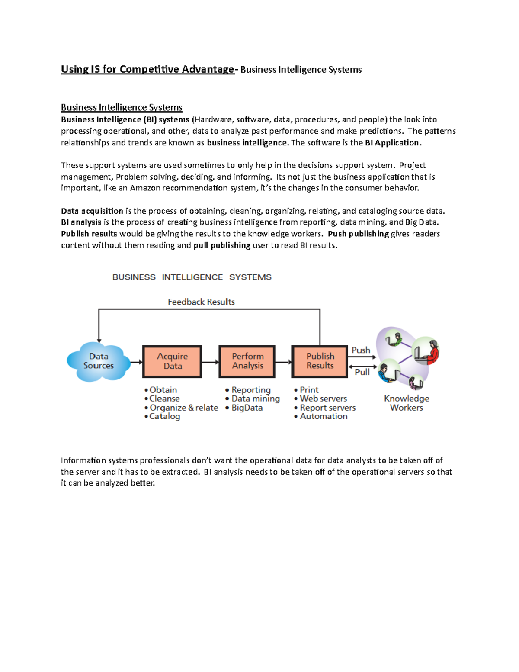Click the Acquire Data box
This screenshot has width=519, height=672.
point(172,361)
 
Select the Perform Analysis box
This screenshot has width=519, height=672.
point(247,361)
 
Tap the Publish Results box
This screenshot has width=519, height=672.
point(320,361)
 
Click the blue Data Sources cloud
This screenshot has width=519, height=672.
point(99,361)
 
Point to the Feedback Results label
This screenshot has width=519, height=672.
point(201,302)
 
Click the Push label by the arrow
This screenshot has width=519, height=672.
point(361,350)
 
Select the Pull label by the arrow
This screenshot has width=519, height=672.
point(362,372)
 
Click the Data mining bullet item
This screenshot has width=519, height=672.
point(255,399)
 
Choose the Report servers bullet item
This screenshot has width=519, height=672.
point(327,408)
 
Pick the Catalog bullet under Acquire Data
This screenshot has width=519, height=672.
point(164,416)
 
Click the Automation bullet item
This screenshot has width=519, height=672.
point(324,416)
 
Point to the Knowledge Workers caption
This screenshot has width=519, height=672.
point(407,403)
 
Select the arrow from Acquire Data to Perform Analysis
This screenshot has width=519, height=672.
point(211,362)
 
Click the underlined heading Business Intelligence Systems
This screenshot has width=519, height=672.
point(122,107)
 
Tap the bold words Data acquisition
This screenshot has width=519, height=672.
point(92,211)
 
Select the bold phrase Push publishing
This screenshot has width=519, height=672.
point(359,234)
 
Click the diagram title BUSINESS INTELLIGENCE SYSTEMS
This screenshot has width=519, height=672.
point(192,277)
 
